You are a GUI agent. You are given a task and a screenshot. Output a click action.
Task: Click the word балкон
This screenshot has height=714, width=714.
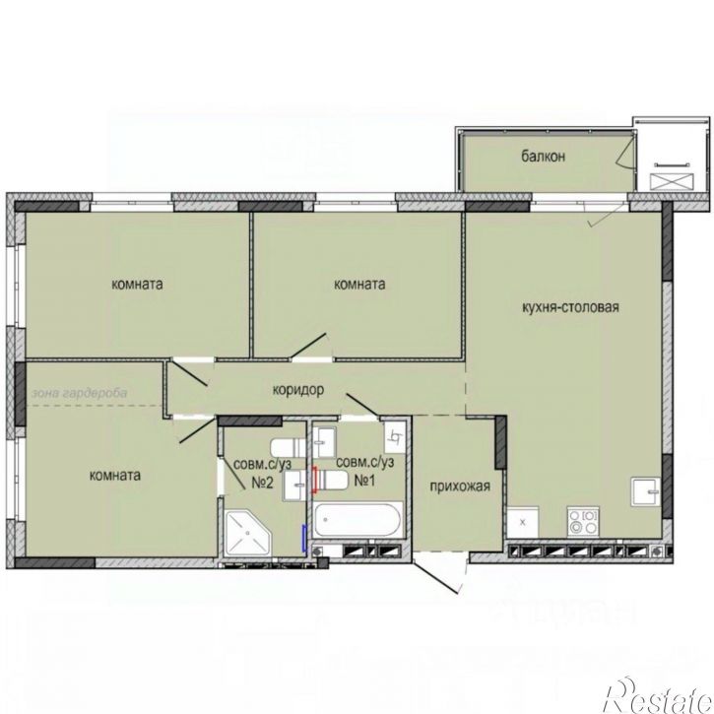pyautogui.click(x=544, y=157)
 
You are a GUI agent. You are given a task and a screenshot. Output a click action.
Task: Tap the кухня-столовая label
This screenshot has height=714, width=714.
pyautogui.click(x=570, y=307)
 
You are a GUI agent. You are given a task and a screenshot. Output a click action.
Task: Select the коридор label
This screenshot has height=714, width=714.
pyautogui.click(x=298, y=390)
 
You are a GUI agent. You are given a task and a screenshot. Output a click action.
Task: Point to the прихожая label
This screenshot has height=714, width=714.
pyautogui.click(x=460, y=487)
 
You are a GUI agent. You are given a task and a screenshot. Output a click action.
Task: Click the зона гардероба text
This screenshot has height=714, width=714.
pyautogui.click(x=79, y=393)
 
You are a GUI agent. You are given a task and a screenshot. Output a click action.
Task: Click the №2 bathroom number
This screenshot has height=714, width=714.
pyautogui.click(x=262, y=483)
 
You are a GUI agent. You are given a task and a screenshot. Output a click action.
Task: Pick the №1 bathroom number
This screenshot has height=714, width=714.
pyautogui.click(x=364, y=480)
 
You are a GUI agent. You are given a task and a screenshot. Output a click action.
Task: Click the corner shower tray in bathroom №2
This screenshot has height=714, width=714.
pyautogui.click(x=248, y=533)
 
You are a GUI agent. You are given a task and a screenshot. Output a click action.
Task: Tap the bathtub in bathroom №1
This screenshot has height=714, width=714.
pyautogui.click(x=357, y=520)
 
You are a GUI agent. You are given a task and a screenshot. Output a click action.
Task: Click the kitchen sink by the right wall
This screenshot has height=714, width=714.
pyautogui.click(x=645, y=491)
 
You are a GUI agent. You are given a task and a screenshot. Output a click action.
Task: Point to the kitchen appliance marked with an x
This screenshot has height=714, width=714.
pyautogui.click(x=523, y=522)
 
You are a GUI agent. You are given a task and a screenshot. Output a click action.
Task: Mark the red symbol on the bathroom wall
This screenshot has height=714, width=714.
pyautogui.click(x=314, y=480)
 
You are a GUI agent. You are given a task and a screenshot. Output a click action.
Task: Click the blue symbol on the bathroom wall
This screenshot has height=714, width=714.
pyautogui.click(x=303, y=539)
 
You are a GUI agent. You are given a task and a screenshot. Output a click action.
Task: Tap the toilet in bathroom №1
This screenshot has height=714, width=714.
pyautogui.click(x=333, y=481)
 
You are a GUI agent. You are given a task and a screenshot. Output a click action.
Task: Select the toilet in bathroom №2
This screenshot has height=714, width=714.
pyautogui.click(x=289, y=448)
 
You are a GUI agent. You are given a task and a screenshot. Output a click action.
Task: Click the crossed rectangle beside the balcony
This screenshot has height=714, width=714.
pyautogui.click(x=673, y=182)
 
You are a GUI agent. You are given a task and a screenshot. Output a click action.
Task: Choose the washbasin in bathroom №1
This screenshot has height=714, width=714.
pyautogui.click(x=326, y=442)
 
